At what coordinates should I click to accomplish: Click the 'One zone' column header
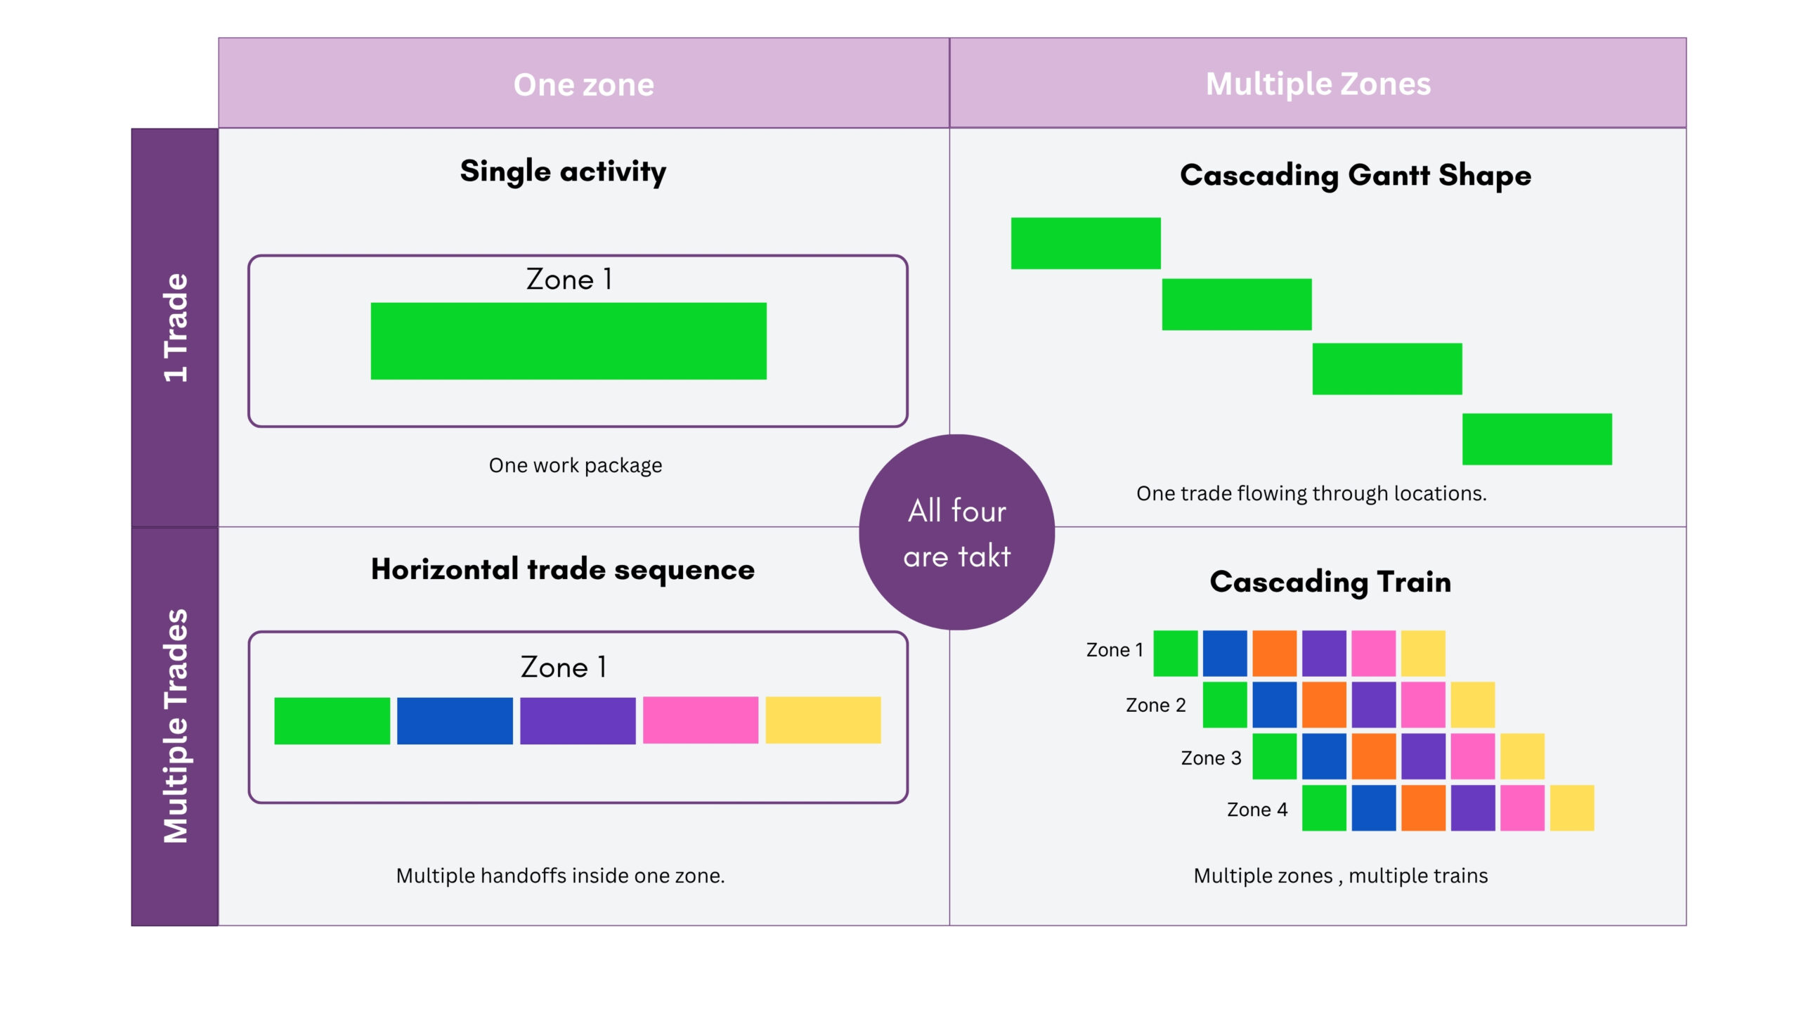(584, 84)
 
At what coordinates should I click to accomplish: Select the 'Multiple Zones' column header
(1318, 84)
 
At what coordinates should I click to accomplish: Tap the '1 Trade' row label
(176, 327)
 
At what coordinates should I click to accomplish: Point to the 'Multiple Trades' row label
(176, 726)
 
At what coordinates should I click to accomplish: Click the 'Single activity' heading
(563, 171)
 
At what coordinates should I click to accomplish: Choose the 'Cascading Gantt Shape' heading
(1356, 176)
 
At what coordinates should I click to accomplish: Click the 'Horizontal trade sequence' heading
(563, 569)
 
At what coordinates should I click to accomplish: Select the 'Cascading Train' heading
(1330, 583)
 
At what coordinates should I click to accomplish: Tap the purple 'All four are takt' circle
(957, 532)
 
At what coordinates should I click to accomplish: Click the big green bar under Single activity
(569, 341)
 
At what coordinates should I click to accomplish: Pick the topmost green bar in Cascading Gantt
(1086, 243)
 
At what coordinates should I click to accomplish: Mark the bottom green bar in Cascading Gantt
(1537, 439)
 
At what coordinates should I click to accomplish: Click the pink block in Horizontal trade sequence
(701, 720)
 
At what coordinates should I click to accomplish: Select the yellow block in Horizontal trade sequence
(823, 720)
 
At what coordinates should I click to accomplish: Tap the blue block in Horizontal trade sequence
(455, 720)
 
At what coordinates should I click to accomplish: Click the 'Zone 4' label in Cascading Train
(1257, 810)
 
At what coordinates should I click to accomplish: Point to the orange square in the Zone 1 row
(1274, 654)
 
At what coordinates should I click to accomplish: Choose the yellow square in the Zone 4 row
(1572, 808)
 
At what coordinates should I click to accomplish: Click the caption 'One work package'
(576, 465)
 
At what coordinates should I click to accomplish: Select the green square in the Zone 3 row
(1274, 756)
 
